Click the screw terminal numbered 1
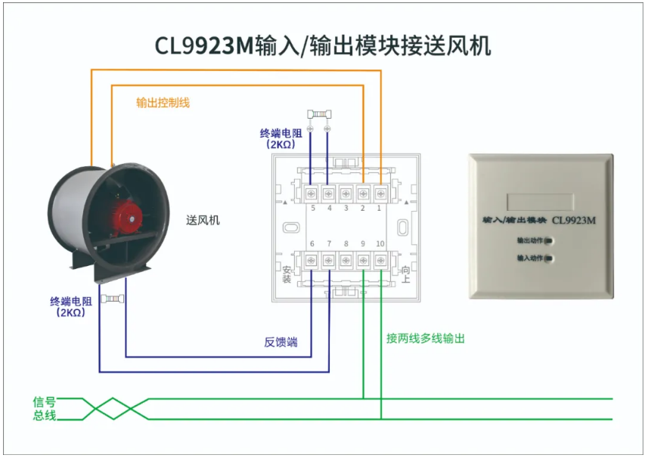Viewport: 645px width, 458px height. tap(381, 193)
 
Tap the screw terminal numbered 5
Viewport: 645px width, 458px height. tap(312, 193)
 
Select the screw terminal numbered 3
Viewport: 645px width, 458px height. tap(346, 193)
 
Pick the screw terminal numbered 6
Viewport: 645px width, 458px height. tap(312, 260)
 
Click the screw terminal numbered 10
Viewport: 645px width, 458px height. tap(381, 260)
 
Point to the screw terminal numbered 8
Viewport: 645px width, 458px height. tap(346, 260)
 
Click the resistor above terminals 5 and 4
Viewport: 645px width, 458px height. tap(319, 114)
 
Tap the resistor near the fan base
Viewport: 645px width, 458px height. tap(113, 299)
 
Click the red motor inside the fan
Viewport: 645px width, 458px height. tap(125, 218)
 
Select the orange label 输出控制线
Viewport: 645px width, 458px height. tap(163, 102)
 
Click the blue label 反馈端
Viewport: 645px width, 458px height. tap(281, 342)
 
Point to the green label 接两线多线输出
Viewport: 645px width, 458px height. tap(426, 339)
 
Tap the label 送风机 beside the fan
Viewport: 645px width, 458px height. tap(203, 220)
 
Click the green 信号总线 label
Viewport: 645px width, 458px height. tap(45, 408)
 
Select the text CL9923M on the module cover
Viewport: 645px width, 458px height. tap(573, 221)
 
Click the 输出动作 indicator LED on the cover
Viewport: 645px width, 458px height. tap(549, 241)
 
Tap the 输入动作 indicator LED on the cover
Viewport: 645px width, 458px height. tap(549, 258)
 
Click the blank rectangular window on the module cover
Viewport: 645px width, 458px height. tap(540, 202)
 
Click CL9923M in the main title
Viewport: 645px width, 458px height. tap(204, 45)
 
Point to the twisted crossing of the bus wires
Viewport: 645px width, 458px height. tap(113, 408)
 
